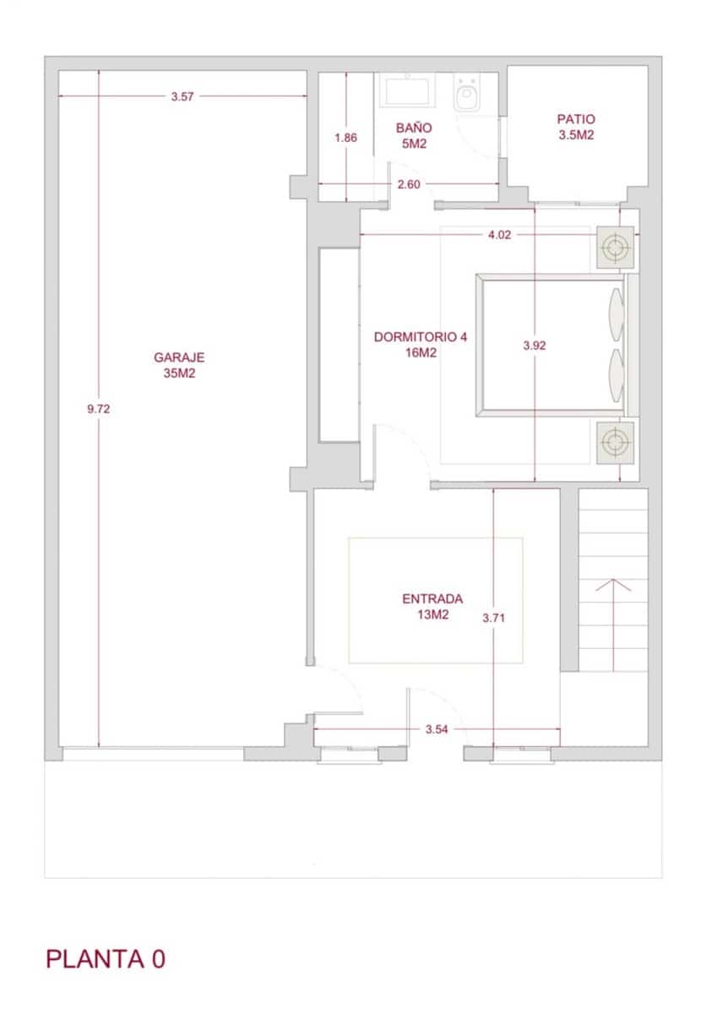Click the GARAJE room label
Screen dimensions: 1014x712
point(179,364)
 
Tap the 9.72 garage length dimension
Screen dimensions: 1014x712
point(99,409)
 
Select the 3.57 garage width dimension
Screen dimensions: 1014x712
point(182,97)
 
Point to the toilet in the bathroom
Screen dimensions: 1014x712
point(466,95)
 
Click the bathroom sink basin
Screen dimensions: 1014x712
point(408,90)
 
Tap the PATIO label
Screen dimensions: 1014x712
point(576,127)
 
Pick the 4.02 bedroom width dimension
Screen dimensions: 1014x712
point(499,235)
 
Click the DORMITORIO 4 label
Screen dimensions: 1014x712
point(420,344)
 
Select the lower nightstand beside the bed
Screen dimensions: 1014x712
point(615,442)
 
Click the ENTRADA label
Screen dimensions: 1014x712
point(432,607)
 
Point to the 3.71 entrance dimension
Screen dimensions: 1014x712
point(493,618)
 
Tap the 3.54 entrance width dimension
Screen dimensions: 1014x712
point(436,729)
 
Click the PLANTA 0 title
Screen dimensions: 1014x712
point(106,959)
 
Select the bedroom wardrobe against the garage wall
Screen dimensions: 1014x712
point(338,345)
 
